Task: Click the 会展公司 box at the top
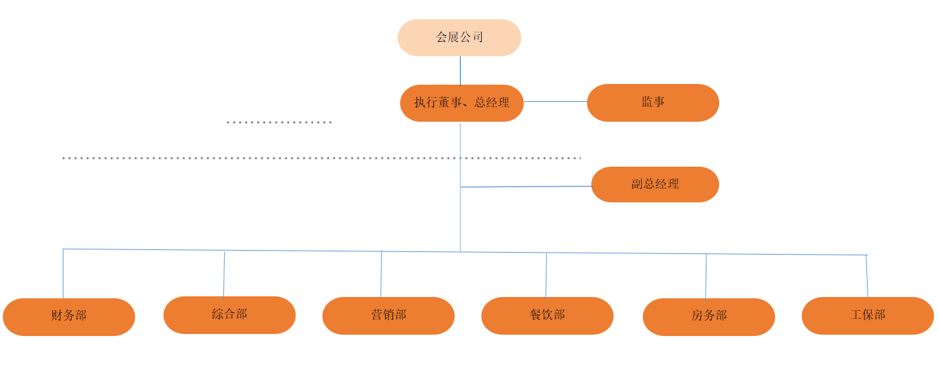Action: [459, 38]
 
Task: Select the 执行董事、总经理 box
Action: [461, 103]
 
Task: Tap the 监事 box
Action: [652, 103]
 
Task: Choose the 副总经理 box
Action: [654, 185]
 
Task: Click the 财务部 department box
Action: [69, 317]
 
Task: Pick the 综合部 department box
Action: [229, 315]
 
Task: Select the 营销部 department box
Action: [388, 316]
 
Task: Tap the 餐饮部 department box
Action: [547, 316]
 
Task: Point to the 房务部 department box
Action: [708, 317]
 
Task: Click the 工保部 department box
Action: [867, 316]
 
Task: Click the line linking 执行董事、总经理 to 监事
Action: [555, 102]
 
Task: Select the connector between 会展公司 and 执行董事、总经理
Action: [460, 70]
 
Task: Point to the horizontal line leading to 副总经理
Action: [525, 187]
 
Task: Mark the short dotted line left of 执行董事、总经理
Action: [279, 122]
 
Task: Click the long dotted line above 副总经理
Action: [321, 158]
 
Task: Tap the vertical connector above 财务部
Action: [63, 274]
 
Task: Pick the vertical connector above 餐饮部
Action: [546, 275]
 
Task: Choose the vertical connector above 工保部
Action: [867, 276]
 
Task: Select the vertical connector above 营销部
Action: [381, 274]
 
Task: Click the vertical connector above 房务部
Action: [706, 276]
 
